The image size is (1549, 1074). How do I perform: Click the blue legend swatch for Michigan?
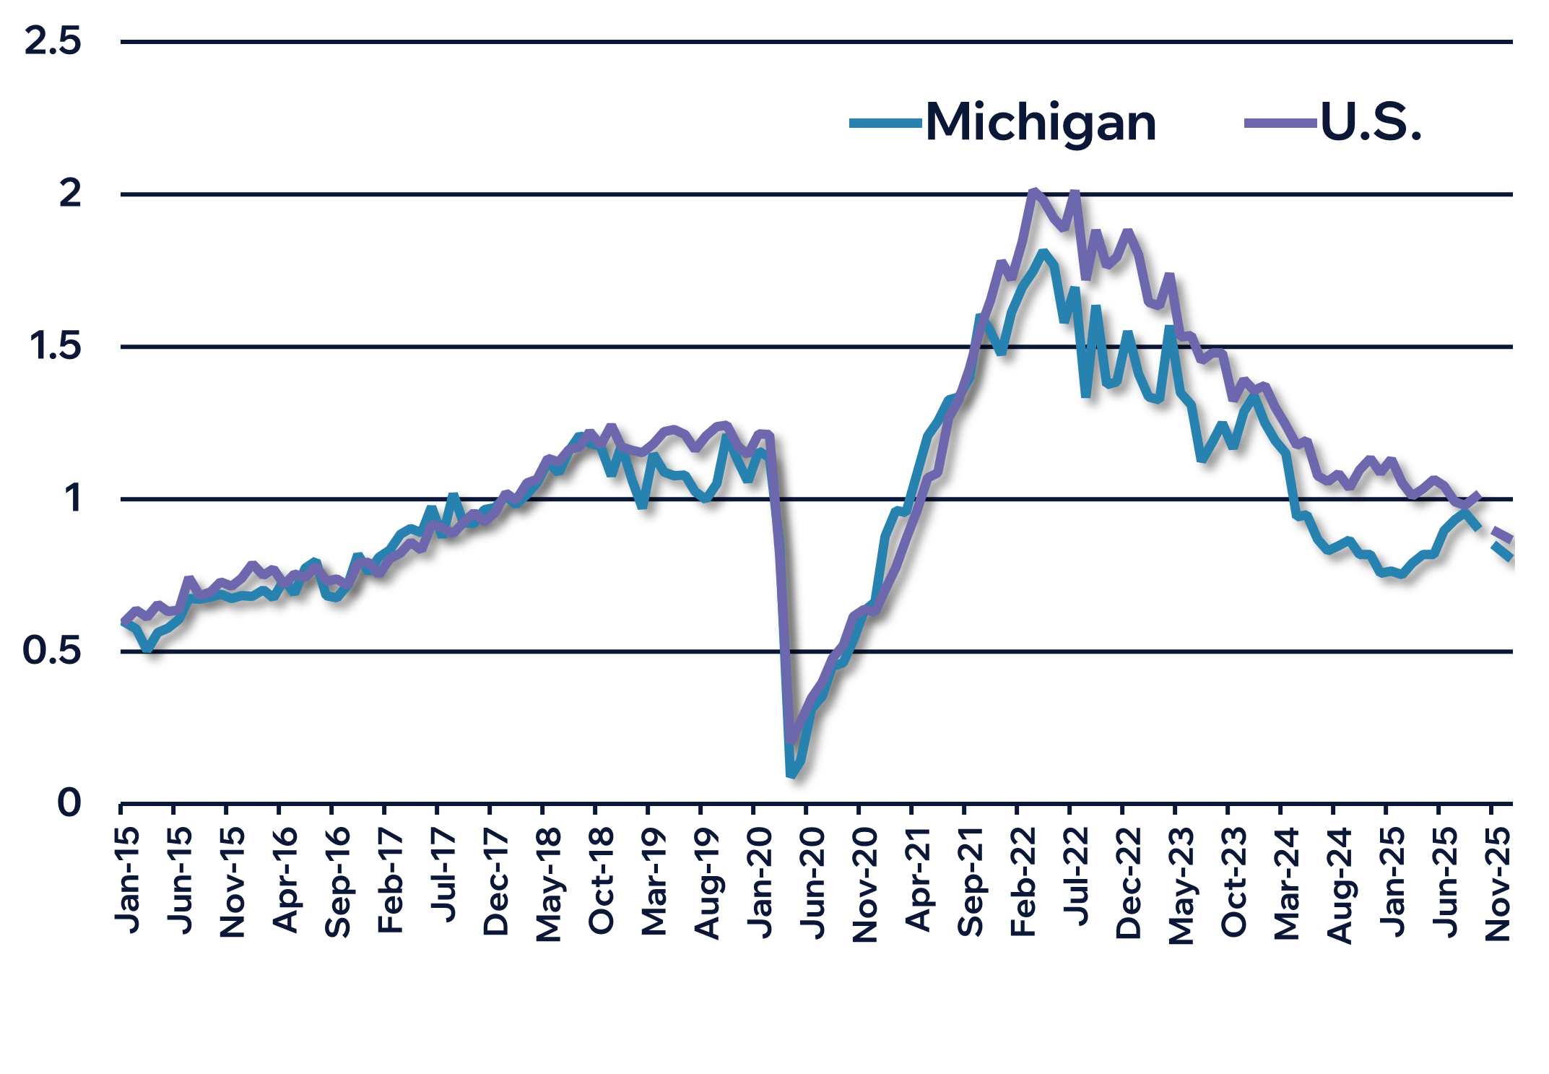(886, 129)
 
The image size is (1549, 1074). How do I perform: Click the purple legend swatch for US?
(1280, 129)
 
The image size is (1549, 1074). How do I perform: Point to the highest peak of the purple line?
(1035, 191)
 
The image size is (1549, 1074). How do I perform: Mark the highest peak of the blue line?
(1043, 253)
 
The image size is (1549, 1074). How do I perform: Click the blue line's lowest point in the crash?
(791, 774)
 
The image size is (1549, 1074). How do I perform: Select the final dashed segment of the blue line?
(1502, 553)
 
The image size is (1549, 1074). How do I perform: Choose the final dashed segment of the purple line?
(1503, 534)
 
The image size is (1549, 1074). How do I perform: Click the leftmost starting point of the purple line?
(121, 623)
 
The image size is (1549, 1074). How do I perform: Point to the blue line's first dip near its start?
(147, 648)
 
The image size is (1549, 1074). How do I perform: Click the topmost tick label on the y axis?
(51, 47)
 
